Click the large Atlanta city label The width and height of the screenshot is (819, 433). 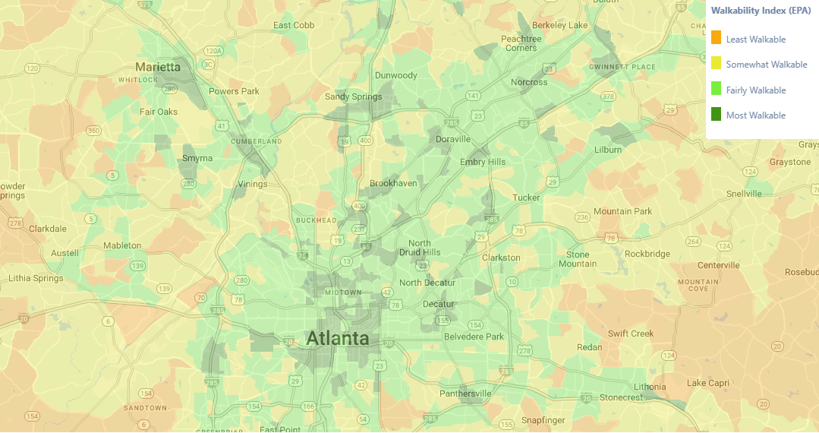(337, 339)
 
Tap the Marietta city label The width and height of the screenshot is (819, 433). (158, 67)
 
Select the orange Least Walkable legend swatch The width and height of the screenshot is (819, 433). (716, 38)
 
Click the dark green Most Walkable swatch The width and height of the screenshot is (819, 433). (716, 115)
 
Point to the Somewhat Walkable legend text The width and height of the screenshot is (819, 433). (766, 65)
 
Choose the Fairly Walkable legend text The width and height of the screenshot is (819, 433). (755, 90)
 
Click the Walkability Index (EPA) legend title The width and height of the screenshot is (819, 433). (761, 11)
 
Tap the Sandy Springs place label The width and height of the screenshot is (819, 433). (353, 96)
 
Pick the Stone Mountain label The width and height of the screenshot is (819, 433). (578, 259)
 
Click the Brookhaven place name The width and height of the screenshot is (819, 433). (392, 184)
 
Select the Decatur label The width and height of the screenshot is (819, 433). (438, 305)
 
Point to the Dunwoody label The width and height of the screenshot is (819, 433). (396, 75)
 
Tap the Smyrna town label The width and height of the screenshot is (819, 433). (197, 158)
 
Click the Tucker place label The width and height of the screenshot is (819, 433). (526, 198)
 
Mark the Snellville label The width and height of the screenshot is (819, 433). (743, 194)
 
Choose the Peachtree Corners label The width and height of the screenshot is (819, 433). (521, 43)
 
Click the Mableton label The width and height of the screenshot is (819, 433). (122, 245)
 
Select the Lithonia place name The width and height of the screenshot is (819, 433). (650, 387)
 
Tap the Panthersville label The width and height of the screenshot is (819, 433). (465, 393)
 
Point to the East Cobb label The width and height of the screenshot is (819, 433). (293, 25)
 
